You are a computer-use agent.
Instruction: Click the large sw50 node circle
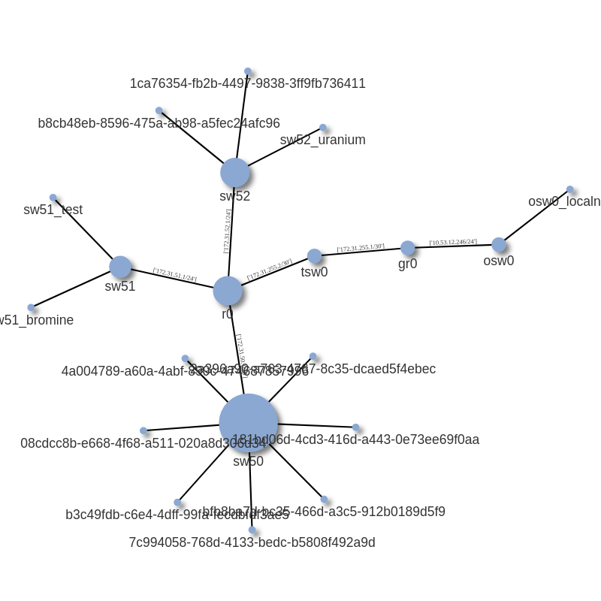248,423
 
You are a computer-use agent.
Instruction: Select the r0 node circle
228,291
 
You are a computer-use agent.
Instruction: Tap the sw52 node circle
234,173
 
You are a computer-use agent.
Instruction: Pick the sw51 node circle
120,267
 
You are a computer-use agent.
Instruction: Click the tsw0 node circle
314,256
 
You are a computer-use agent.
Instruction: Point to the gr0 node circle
407,248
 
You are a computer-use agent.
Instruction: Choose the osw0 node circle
499,244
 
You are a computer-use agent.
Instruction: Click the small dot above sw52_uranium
323,128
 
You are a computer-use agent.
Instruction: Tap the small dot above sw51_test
53,198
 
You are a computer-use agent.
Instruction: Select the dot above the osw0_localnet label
569,189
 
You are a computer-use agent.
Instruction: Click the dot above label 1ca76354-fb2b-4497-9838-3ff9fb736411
248,71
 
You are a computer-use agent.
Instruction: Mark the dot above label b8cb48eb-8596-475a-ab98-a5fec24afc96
159,110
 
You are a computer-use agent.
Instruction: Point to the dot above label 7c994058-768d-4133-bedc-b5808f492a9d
252,530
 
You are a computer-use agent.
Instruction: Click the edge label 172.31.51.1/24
175,275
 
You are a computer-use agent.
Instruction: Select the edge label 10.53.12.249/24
453,242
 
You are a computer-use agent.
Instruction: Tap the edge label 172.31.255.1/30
361,248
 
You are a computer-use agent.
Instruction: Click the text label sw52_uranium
322,140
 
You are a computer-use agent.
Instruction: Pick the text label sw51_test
53,210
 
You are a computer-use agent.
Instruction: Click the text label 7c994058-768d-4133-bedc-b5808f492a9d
252,542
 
